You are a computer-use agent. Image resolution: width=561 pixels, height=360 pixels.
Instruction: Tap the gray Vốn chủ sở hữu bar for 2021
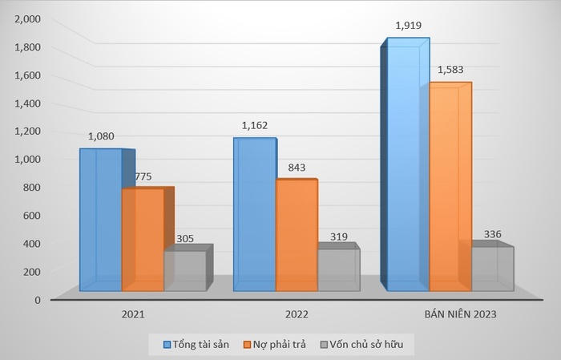coord(184,270)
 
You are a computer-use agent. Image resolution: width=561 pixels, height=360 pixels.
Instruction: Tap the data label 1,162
coord(256,126)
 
